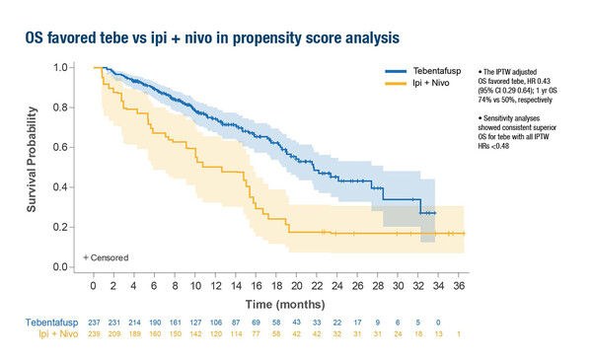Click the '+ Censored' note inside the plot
107,256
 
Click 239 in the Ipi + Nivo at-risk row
93,335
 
